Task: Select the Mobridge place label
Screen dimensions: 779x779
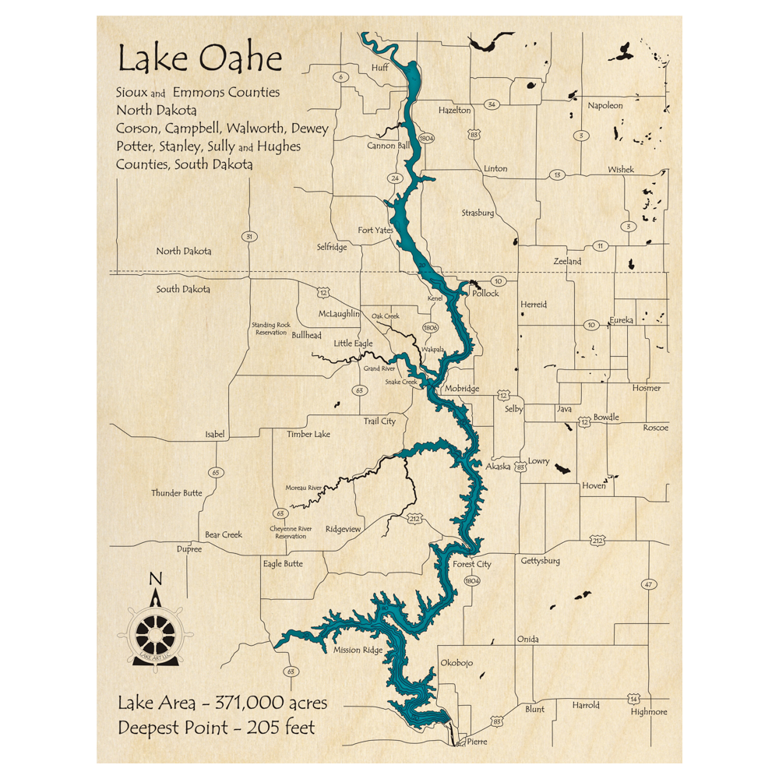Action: point(463,389)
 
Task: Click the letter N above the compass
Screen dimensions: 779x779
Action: point(155,578)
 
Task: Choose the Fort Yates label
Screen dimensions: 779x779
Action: point(375,231)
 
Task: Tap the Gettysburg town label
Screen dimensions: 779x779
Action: point(540,561)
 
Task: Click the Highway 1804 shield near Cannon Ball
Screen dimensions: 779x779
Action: point(425,139)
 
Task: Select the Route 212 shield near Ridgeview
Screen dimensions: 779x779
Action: point(414,516)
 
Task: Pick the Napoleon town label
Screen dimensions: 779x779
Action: point(605,105)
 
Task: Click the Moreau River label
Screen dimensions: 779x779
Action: point(304,488)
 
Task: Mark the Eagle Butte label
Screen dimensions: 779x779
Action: point(283,563)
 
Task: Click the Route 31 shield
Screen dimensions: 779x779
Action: point(249,237)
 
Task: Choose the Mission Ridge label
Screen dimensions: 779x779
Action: point(358,650)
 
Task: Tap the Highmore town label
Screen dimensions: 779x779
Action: point(649,712)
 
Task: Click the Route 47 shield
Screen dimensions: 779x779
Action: point(647,584)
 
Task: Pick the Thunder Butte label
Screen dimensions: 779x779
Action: point(177,493)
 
